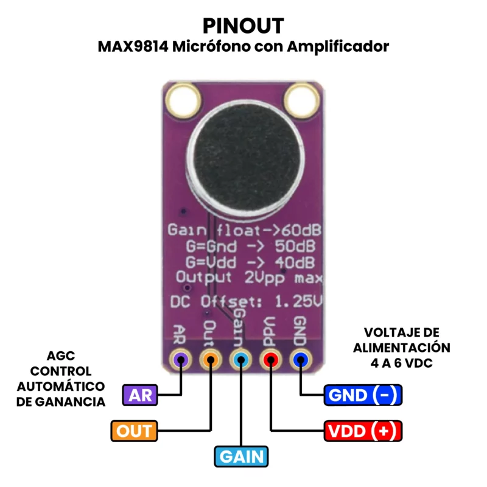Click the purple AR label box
(x=140, y=395)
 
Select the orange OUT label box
(x=134, y=431)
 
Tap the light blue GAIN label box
(x=241, y=457)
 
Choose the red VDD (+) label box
(x=363, y=431)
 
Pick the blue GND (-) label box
(x=363, y=395)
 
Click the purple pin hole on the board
(x=180, y=360)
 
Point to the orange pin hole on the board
(x=211, y=360)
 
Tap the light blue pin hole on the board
(x=240, y=360)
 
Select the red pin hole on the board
(x=271, y=360)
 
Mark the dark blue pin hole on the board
(x=301, y=360)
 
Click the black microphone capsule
(x=246, y=158)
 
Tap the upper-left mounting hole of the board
(x=183, y=100)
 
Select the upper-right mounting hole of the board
(x=302, y=100)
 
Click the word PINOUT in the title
(x=243, y=26)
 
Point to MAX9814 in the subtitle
(x=133, y=47)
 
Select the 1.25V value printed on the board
(x=298, y=301)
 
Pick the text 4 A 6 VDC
(x=402, y=363)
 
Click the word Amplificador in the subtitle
(x=338, y=47)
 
